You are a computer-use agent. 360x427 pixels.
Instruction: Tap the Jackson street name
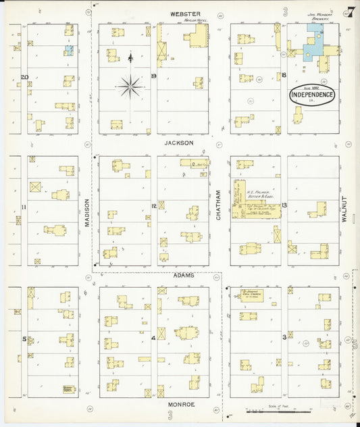182,143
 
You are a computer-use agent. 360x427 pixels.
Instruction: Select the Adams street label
183,276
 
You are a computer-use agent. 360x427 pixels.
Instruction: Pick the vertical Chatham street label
218,206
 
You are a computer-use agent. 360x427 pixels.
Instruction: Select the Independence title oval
311,95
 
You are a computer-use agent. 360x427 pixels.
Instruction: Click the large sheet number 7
350,11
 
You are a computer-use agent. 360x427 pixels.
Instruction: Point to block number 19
154,76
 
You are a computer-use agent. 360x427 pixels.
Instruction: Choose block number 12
154,206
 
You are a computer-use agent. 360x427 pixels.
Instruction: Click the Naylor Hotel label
195,20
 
